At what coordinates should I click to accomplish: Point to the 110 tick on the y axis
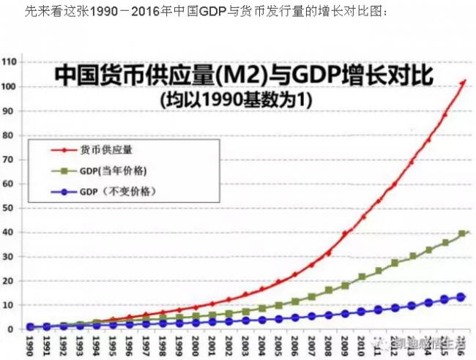(11, 63)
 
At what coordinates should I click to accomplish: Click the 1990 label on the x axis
(30, 344)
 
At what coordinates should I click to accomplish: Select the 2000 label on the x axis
(196, 344)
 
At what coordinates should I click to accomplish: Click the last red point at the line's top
(463, 81)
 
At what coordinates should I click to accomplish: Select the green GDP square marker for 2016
(462, 234)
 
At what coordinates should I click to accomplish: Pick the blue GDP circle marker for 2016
(462, 297)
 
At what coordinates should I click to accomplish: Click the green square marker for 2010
(362, 277)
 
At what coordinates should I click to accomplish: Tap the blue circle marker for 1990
(30, 327)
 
